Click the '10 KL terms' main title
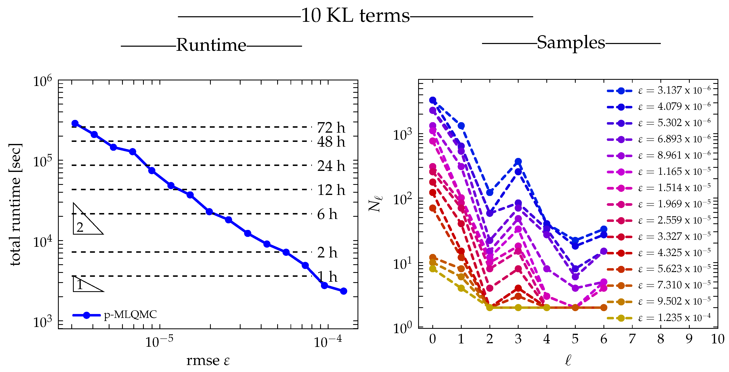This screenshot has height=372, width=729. click(355, 16)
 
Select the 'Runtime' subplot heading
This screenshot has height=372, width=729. click(211, 45)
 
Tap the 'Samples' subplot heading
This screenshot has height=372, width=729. click(571, 43)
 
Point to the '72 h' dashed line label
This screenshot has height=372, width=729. click(331, 128)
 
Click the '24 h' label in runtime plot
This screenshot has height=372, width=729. click(331, 166)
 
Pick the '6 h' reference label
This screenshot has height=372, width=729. click(327, 214)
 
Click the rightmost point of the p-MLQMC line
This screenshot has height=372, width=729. click(344, 291)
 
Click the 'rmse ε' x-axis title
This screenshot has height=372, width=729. click(208, 361)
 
